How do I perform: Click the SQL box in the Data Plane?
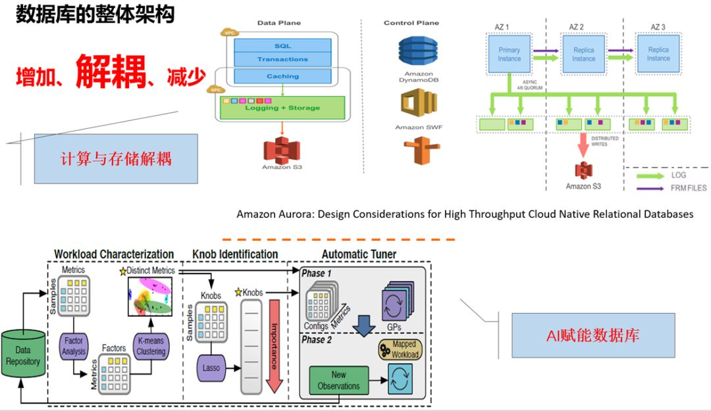(282, 46)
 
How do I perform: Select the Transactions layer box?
(282, 59)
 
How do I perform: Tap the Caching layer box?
(282, 76)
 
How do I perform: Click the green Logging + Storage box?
(282, 108)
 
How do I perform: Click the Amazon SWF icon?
(418, 104)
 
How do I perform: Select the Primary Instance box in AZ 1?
(509, 54)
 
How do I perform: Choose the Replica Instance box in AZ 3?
(658, 54)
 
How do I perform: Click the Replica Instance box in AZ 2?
(583, 54)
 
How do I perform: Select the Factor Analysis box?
(74, 347)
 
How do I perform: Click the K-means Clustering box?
(151, 347)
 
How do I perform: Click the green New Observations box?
(338, 380)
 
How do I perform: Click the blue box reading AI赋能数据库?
(593, 335)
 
